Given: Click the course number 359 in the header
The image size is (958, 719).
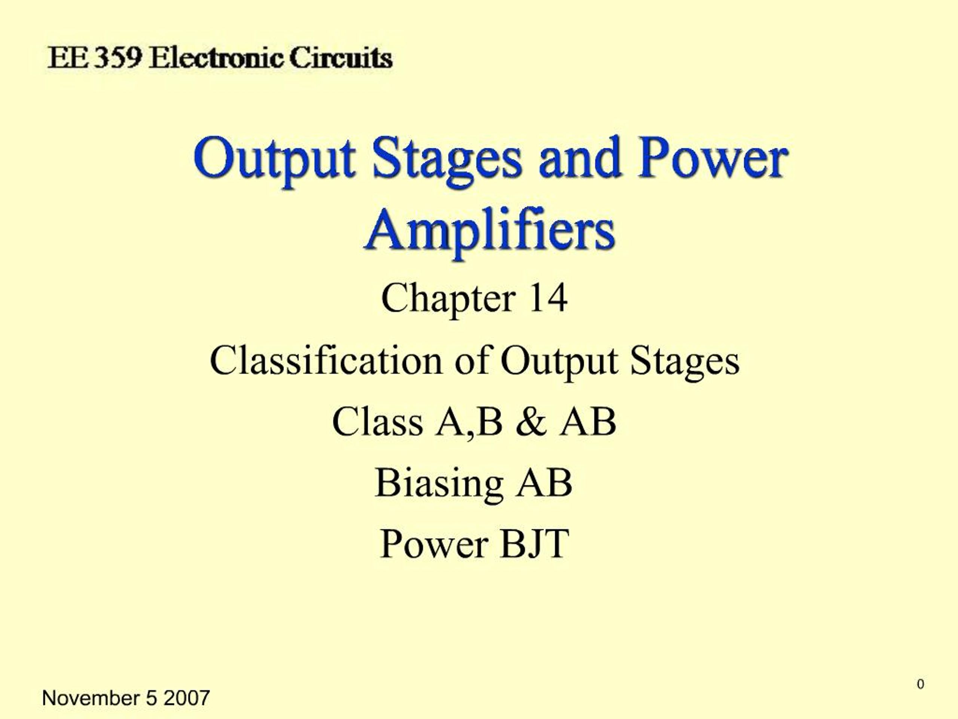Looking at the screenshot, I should [118, 58].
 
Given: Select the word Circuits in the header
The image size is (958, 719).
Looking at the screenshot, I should [341, 58].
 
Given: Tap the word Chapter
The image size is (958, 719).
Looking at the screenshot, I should [448, 298].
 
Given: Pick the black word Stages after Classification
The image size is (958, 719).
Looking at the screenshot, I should [684, 361].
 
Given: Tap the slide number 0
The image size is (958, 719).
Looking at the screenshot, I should [920, 684].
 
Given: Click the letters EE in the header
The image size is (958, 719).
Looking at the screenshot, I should [67, 58].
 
